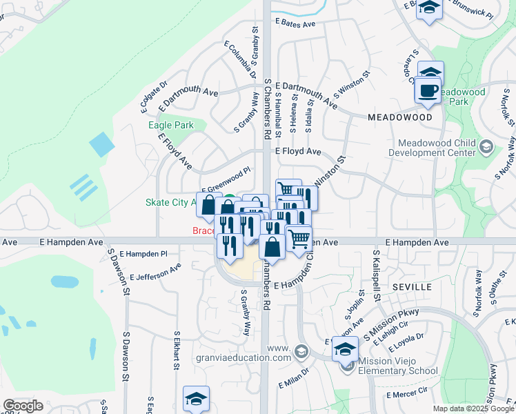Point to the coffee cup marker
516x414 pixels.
click(428, 90)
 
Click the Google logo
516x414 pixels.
click(23, 406)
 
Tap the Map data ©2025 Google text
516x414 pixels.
click(473, 408)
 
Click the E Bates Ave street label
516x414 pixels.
click(295, 23)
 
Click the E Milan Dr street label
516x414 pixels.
click(294, 382)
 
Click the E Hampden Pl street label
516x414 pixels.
click(143, 254)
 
